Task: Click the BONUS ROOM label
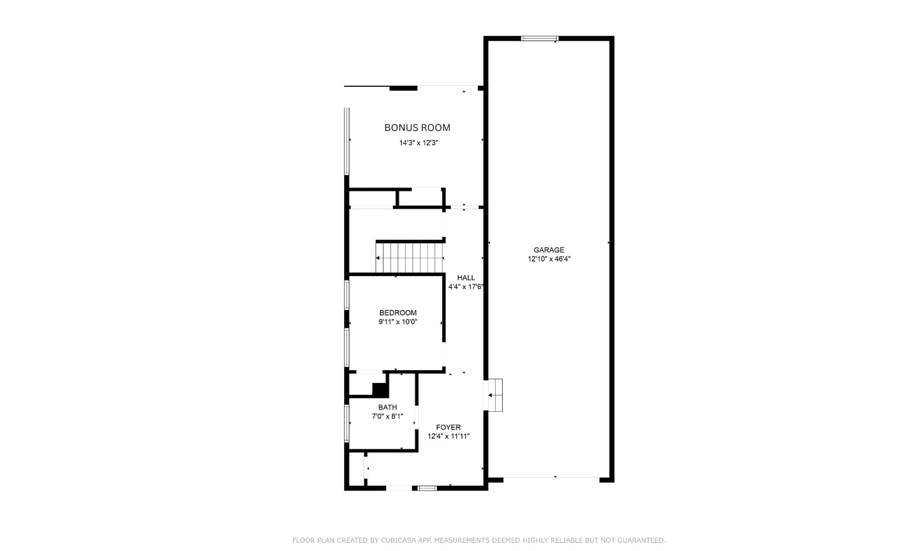tap(417, 128)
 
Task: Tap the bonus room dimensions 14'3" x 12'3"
tap(419, 143)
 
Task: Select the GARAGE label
tap(549, 250)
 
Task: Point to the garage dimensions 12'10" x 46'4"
tap(549, 259)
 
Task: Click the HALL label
tap(466, 278)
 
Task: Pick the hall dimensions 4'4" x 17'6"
tap(466, 287)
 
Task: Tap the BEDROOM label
tap(398, 313)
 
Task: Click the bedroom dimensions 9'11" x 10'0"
tap(398, 322)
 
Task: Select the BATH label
tap(387, 408)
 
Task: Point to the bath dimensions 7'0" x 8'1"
tap(387, 416)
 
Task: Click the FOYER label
tap(448, 428)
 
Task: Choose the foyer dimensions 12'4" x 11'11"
tap(448, 436)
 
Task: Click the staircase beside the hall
tap(409, 258)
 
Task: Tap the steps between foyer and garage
tap(495, 395)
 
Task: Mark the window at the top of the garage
tap(540, 39)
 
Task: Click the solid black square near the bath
tap(381, 389)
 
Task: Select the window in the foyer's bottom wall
tap(427, 488)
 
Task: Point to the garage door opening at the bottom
tap(551, 478)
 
